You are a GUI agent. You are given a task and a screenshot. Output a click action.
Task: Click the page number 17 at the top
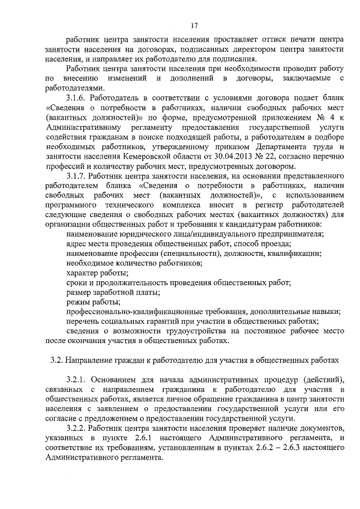click(194, 25)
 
